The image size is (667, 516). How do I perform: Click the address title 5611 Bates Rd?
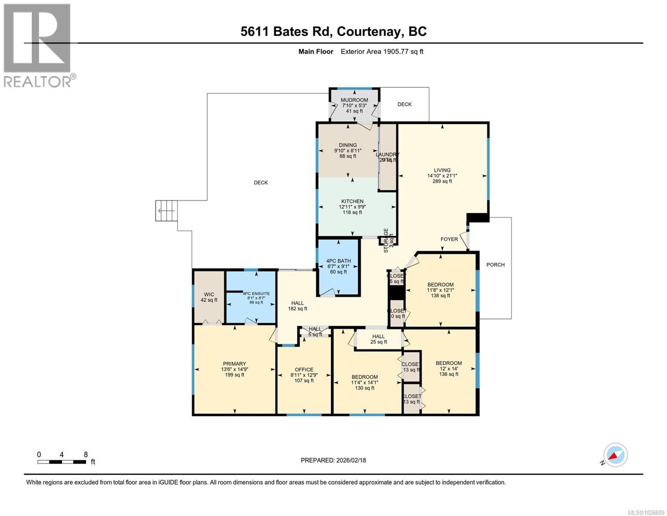pos(333,31)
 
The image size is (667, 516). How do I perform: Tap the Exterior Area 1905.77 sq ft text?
pos(382,52)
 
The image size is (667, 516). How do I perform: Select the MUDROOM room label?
pos(354,100)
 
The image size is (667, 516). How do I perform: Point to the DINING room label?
pos(347,145)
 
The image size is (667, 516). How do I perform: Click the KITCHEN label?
pos(352,201)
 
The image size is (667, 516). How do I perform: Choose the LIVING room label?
pos(442,170)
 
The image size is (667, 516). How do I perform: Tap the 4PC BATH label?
pos(338,261)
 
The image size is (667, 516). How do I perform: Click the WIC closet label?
pos(209,295)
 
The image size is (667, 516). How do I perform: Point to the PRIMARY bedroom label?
pos(234,364)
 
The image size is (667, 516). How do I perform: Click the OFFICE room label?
pos(304,370)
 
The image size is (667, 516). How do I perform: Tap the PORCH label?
pos(495,265)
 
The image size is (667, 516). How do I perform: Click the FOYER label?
pos(449,240)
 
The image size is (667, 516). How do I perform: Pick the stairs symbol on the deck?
pos(167,211)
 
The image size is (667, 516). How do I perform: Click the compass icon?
pos(615,455)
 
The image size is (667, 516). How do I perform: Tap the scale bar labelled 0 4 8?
pos(61,462)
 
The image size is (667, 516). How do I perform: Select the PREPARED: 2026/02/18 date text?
pos(333,460)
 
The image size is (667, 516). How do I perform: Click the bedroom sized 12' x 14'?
pos(448,363)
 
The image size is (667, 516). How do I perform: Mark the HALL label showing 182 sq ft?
pos(297,303)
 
